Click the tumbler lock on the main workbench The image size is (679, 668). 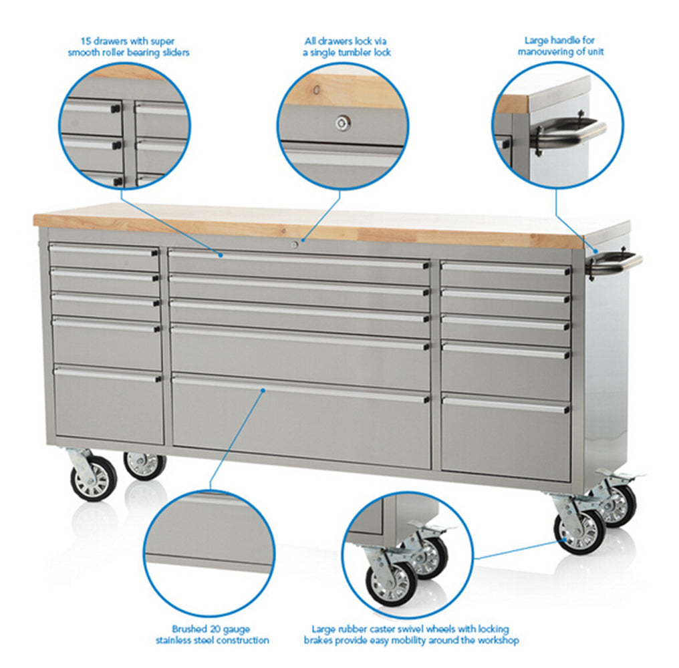coord(295,244)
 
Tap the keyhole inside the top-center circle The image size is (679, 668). coord(343,124)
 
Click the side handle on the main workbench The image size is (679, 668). coord(614,261)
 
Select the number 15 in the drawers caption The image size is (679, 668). coord(86,41)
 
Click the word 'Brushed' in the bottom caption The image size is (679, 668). coord(189,629)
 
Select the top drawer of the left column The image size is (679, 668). coord(104,257)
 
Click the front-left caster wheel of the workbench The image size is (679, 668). coord(93,478)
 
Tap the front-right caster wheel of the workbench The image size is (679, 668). coord(579,531)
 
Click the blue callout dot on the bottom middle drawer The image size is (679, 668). coord(263,391)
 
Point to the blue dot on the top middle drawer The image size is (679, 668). coord(221,255)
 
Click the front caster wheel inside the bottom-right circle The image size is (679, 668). coord(390,583)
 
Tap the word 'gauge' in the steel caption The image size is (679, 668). coord(237,629)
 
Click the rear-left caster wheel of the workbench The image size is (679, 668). coord(144,466)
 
